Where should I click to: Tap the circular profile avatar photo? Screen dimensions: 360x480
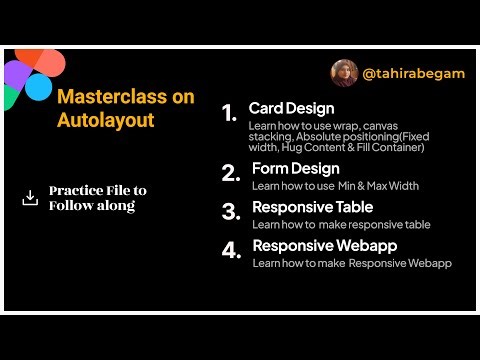345,73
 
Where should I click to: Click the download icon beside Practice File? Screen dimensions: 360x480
30,198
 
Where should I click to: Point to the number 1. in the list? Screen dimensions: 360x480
230,113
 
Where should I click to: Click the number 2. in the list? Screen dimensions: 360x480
231,174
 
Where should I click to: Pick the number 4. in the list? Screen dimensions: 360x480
231,251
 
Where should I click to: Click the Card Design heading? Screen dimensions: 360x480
291,108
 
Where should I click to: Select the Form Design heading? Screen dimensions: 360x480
295,168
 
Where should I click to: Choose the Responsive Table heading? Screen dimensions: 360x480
312,207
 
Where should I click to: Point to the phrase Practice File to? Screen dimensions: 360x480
98,190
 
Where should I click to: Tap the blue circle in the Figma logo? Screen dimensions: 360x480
38,87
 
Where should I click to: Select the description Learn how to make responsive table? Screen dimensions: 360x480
341,225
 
